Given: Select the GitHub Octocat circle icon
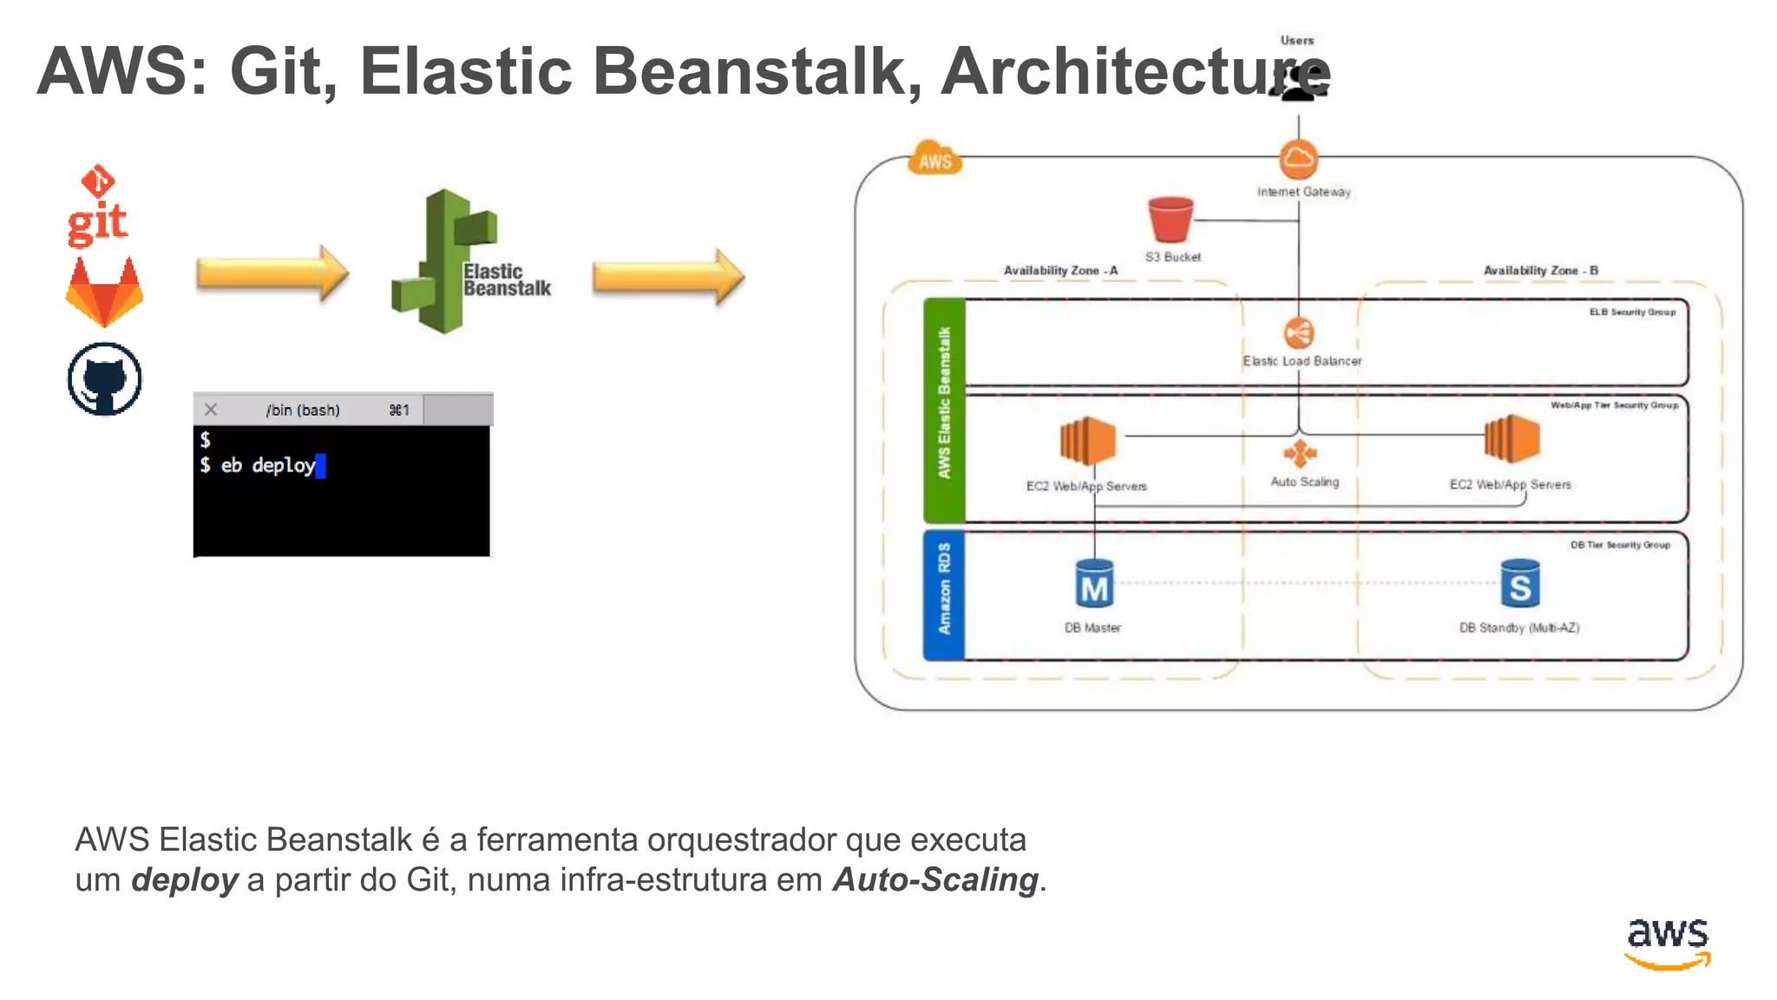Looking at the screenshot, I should pyautogui.click(x=104, y=379).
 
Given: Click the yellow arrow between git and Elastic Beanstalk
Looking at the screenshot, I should pyautogui.click(x=272, y=273).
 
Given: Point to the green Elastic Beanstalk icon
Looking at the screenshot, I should pyautogui.click(x=444, y=261).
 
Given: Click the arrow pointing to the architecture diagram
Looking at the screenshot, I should pyautogui.click(x=667, y=277).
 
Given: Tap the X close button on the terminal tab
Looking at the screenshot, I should pyautogui.click(x=211, y=410).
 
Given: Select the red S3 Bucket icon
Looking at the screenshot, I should pyautogui.click(x=1170, y=219).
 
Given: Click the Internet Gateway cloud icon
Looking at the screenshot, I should pyautogui.click(x=1298, y=159).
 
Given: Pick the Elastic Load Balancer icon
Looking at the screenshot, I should pyautogui.click(x=1298, y=333).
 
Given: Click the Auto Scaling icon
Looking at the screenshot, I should pyautogui.click(x=1300, y=453).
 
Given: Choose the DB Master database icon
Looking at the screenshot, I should pyautogui.click(x=1093, y=584).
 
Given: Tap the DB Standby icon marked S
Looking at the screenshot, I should pyautogui.click(x=1519, y=584).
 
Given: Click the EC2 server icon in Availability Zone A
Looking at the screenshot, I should pyautogui.click(x=1087, y=440).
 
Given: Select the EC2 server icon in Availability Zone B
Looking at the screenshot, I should pyautogui.click(x=1511, y=438).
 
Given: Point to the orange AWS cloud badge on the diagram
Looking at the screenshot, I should pyautogui.click(x=934, y=159).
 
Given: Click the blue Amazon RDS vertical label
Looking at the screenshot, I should pyautogui.click(x=944, y=595).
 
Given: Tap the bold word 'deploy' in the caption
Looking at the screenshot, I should pyautogui.click(x=184, y=880).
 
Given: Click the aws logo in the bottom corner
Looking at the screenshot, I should pyautogui.click(x=1667, y=942).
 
